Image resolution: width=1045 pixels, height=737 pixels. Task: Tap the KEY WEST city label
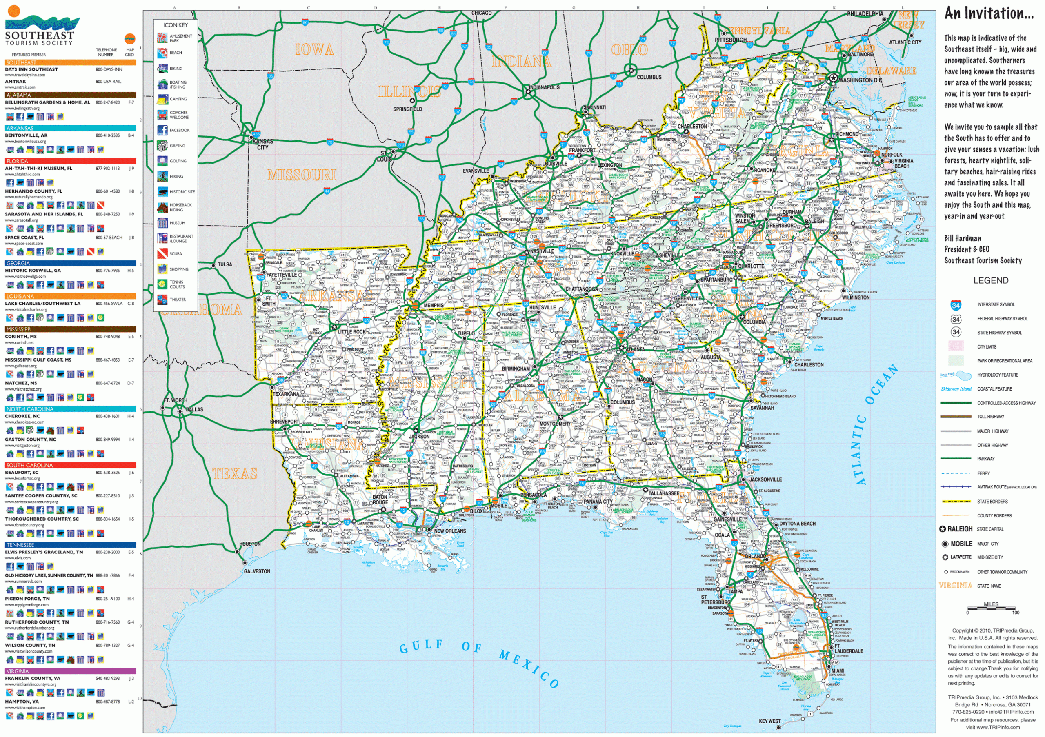pos(769,721)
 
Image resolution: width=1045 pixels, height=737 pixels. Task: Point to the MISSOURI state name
pos(302,175)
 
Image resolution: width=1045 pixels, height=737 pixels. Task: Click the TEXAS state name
pos(235,474)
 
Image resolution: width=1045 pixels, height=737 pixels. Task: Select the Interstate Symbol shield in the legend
pos(956,305)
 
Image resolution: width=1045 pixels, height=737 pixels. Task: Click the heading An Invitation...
pos(989,13)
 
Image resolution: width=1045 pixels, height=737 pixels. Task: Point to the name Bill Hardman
pos(962,238)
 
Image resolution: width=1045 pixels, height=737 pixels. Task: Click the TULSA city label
pos(225,264)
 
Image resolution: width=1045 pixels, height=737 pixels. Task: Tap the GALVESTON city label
pos(257,571)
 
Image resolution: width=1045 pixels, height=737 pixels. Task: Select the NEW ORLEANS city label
pos(450,531)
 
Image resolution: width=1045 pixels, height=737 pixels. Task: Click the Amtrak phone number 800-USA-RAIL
pos(108,82)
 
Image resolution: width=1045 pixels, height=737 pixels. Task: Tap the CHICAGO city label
pos(481,13)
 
